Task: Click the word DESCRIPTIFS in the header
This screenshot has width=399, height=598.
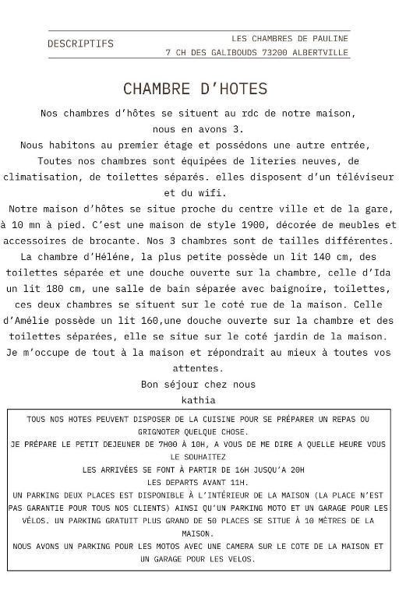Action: [x=80, y=44]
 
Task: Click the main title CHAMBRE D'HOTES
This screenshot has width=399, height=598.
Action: [x=195, y=89]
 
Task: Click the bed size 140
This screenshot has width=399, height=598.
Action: [x=299, y=256]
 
